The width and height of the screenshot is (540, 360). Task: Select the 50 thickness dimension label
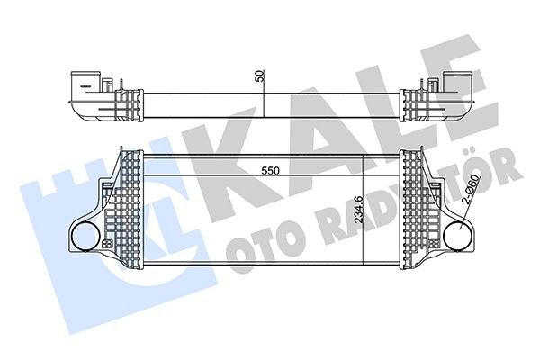260,76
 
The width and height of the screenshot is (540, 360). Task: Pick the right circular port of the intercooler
458,238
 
